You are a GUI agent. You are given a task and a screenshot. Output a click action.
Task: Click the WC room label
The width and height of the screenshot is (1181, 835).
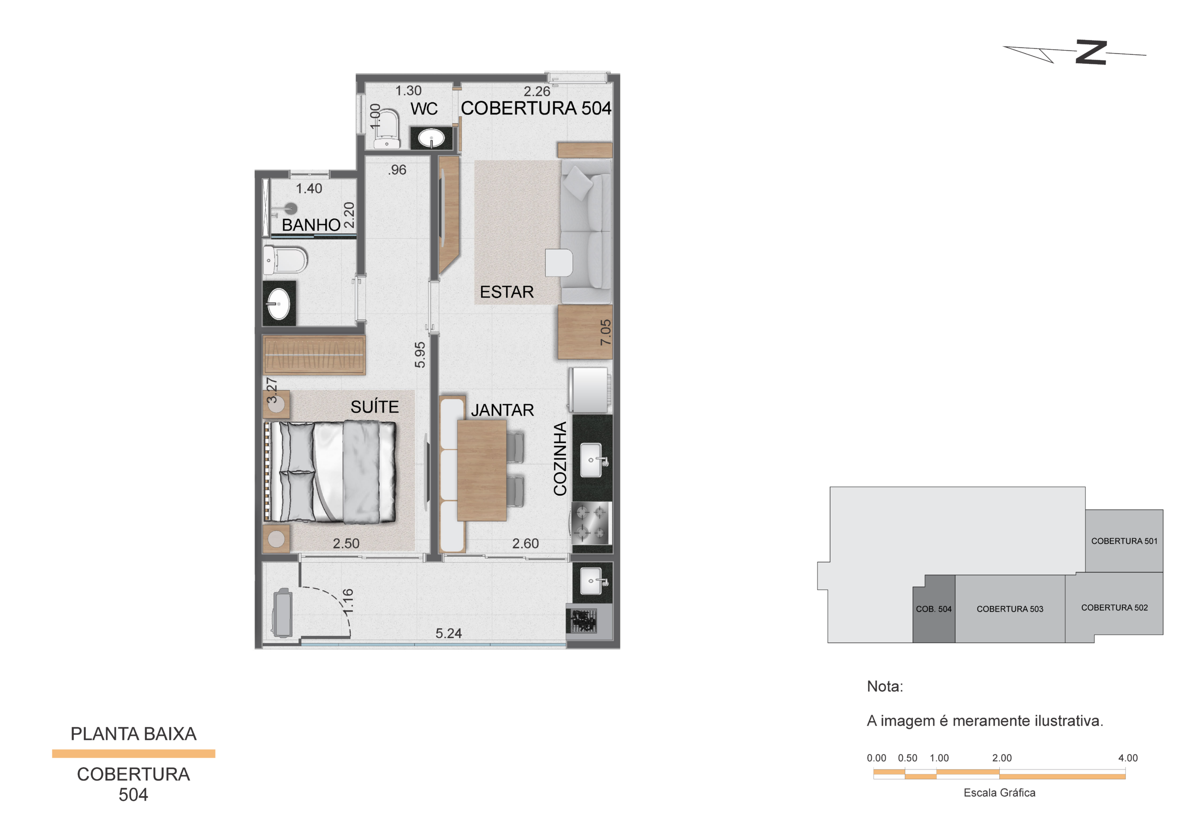[424, 109]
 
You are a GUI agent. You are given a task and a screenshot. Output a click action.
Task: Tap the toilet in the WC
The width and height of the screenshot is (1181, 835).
[387, 128]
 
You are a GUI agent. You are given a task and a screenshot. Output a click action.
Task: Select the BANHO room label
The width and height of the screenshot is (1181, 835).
[311, 225]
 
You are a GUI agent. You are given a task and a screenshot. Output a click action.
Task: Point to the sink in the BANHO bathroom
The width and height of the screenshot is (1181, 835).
[279, 304]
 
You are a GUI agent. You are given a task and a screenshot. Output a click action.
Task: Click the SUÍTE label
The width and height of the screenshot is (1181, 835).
[375, 407]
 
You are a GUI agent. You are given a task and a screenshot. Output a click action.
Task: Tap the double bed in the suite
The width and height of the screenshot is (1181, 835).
[330, 472]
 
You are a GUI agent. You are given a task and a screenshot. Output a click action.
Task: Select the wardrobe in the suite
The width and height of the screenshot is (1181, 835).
[314, 354]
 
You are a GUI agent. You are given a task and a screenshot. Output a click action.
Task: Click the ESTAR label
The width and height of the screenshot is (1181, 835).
[507, 292]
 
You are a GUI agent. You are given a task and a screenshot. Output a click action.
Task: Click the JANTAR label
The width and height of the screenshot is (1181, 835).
[502, 410]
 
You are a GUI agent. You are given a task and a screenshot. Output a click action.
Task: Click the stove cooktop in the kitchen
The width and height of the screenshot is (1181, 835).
[591, 523]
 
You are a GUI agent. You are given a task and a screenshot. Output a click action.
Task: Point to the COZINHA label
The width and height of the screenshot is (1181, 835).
[560, 459]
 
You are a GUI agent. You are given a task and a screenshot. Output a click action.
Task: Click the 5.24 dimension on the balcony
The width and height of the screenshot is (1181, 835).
[448, 633]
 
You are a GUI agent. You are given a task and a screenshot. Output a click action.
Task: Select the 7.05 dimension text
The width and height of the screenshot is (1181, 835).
[605, 332]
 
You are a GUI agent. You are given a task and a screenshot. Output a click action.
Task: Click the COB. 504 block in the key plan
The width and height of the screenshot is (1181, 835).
[934, 609]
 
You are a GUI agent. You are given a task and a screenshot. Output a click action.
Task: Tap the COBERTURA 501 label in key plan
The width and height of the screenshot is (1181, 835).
[1124, 541]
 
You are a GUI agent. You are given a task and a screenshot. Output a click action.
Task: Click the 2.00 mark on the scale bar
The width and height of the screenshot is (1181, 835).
[1002, 758]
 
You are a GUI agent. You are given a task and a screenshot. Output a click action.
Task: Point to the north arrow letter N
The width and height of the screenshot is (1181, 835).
[1091, 53]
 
